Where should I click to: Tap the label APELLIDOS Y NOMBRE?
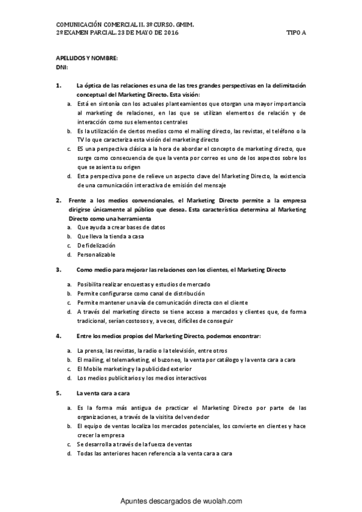[x=86, y=58]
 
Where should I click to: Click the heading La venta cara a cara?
[x=100, y=393]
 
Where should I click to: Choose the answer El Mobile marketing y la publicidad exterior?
[x=141, y=369]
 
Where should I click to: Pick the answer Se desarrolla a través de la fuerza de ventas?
[x=143, y=444]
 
